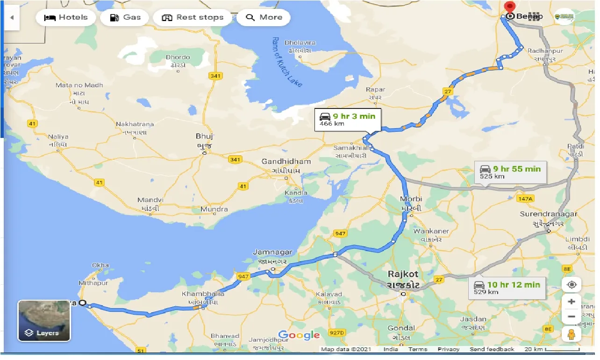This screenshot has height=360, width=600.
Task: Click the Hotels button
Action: coord(65,18)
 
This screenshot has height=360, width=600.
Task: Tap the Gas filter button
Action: coord(125,18)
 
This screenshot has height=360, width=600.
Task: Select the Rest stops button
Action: coord(193,18)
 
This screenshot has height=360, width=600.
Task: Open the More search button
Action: coord(264,18)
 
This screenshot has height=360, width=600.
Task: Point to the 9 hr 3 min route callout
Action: coord(348,120)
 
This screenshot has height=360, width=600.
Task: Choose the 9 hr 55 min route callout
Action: coord(509,172)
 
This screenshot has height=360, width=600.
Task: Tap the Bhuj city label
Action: coord(204,137)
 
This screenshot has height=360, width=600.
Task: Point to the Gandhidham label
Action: coord(286,162)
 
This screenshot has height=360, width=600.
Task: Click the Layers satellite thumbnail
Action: coord(44,321)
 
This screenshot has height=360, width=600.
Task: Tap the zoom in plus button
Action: coord(571,302)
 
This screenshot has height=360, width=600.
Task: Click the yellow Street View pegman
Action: coord(571,334)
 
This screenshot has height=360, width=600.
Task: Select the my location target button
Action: coord(571,284)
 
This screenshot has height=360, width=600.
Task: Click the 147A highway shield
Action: coord(525,199)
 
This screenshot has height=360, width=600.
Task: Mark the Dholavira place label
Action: coord(300,43)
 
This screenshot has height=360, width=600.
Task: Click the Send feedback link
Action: coord(492,349)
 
